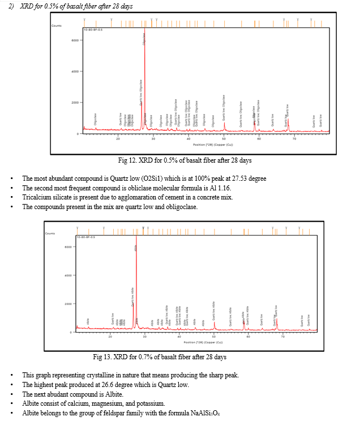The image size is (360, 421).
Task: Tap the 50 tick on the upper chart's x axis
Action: pyautogui.click(x=224, y=138)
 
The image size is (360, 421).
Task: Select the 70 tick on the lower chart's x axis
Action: pyautogui.click(x=283, y=337)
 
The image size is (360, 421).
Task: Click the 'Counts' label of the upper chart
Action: pyautogui.click(x=56, y=26)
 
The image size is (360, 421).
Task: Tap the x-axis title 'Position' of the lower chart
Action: pyautogui.click(x=192, y=342)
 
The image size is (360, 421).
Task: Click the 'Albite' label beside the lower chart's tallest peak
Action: pyautogui.click(x=136, y=248)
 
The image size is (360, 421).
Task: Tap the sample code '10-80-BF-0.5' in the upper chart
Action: pyautogui.click(x=93, y=29)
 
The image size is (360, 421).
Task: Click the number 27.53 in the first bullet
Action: pyautogui.click(x=239, y=178)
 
